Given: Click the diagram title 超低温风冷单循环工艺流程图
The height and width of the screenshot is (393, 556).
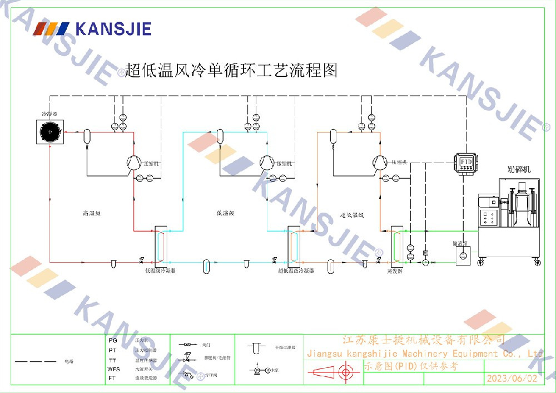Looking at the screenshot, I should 231,70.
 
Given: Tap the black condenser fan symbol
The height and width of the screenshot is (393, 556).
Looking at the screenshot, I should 50,132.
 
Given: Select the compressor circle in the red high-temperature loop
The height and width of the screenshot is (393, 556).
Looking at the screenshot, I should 133,162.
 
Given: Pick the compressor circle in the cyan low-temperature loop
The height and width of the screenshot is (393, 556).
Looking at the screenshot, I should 267,162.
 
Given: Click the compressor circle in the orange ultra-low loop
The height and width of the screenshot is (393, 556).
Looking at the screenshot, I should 379,162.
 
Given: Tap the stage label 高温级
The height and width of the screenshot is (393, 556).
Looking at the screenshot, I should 91,213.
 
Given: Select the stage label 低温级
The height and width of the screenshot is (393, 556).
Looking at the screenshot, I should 225,213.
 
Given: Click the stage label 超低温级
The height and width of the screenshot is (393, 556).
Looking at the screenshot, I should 352,214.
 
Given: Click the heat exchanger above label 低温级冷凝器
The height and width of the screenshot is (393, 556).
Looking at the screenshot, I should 160,245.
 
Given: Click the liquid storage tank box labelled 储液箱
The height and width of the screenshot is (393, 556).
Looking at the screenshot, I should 463,256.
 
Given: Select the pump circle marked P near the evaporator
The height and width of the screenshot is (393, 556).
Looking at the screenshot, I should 425,262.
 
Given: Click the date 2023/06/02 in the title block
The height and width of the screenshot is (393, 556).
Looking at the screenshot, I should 512,379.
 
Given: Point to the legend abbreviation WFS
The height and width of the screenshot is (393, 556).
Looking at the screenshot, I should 113,369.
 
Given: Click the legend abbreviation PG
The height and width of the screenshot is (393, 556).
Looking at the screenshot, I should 112,340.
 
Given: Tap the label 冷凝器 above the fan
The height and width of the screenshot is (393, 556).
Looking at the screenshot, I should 50,114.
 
